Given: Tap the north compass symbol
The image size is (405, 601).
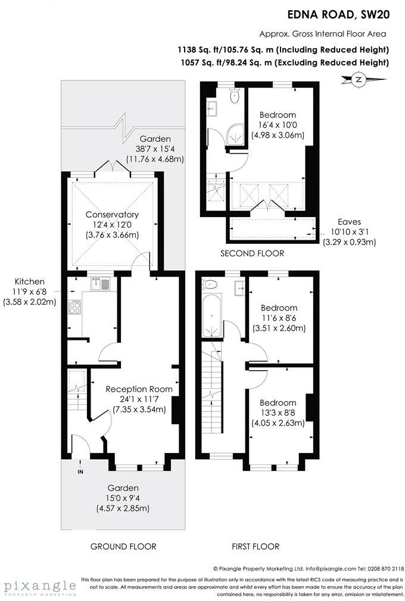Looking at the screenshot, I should point(358,79).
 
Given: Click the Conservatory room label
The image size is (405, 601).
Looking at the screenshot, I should point(112,215).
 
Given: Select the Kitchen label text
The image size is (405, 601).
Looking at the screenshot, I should point(30,281).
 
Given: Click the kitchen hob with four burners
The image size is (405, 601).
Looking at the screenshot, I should point(75,306).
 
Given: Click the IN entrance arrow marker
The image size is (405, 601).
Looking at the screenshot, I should point(80,469).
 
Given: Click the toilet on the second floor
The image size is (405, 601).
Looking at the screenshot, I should point(234,94).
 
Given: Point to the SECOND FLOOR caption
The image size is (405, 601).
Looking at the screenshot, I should point(252,253).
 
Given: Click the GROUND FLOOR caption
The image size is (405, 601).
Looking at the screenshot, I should point(123,546).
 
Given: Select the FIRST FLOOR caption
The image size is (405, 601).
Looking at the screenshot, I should point(255,546).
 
